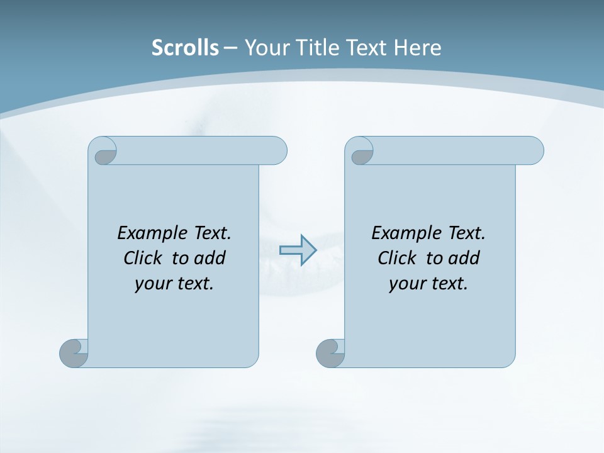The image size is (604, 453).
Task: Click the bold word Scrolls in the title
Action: pyautogui.click(x=185, y=48)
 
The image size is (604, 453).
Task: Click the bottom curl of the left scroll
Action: pyautogui.click(x=74, y=353)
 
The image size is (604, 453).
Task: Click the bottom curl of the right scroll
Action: pyautogui.click(x=330, y=353)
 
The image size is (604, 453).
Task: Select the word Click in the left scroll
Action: pyautogui.click(x=143, y=258)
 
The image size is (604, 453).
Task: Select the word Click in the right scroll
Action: pyautogui.click(x=397, y=258)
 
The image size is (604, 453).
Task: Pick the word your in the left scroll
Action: pyautogui.click(x=152, y=284)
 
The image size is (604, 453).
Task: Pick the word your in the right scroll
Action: pyautogui.click(x=406, y=284)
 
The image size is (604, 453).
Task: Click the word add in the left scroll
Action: pyautogui.click(x=210, y=258)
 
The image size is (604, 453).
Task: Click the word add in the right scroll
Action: pyautogui.click(x=464, y=258)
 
